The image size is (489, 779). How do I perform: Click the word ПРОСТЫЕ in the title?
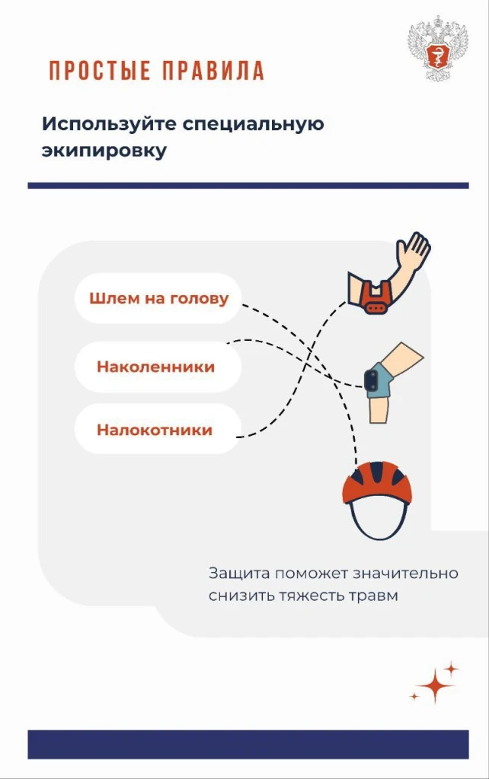(x=100, y=71)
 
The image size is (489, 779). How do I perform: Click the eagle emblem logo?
(x=438, y=48)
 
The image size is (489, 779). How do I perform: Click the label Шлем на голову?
(x=158, y=298)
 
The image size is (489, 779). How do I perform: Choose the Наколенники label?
(x=155, y=367)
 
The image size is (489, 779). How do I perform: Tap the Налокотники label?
(x=155, y=430)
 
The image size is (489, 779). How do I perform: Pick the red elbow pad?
(x=376, y=298)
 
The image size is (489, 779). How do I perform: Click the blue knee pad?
(x=377, y=380)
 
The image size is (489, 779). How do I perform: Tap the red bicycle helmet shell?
(x=377, y=482)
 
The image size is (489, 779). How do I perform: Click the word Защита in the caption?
(x=239, y=574)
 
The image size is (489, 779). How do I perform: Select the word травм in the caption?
(x=373, y=596)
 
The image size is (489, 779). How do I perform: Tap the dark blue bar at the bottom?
(x=248, y=744)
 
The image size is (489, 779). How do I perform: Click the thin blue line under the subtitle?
(x=248, y=186)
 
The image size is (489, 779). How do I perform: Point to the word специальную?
(x=253, y=124)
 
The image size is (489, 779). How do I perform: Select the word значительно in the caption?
(x=405, y=574)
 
